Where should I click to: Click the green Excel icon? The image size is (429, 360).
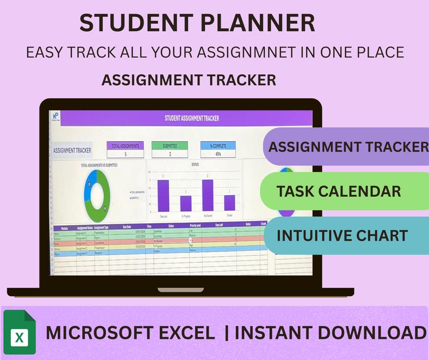click(19, 332)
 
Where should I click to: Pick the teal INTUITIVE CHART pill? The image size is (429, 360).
click(343, 235)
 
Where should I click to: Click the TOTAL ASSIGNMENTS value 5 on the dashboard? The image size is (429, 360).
click(125, 154)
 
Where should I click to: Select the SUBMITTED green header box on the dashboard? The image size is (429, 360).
click(169, 145)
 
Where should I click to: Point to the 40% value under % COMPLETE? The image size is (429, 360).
click(218, 154)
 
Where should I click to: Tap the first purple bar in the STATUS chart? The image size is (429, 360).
click(163, 195)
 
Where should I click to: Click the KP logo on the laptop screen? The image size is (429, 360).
click(55, 116)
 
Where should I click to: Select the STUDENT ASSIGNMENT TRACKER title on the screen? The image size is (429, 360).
click(192, 118)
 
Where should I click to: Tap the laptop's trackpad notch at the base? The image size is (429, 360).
click(180, 290)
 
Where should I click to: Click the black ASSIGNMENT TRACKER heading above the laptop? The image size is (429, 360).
click(189, 80)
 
